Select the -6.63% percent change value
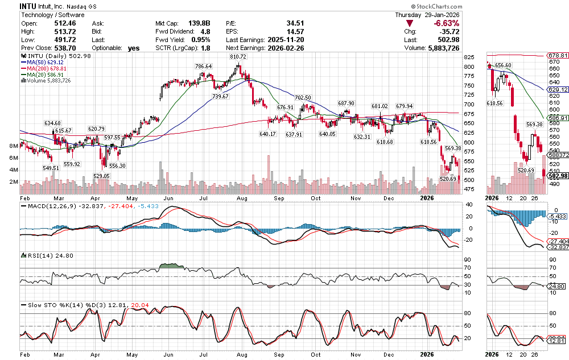(446, 23)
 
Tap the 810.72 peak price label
(238, 57)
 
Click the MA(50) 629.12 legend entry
(43, 62)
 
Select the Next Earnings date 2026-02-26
(285, 48)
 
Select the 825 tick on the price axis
(468, 57)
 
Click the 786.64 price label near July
(204, 66)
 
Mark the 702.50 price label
(303, 98)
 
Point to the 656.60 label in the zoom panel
(503, 65)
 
